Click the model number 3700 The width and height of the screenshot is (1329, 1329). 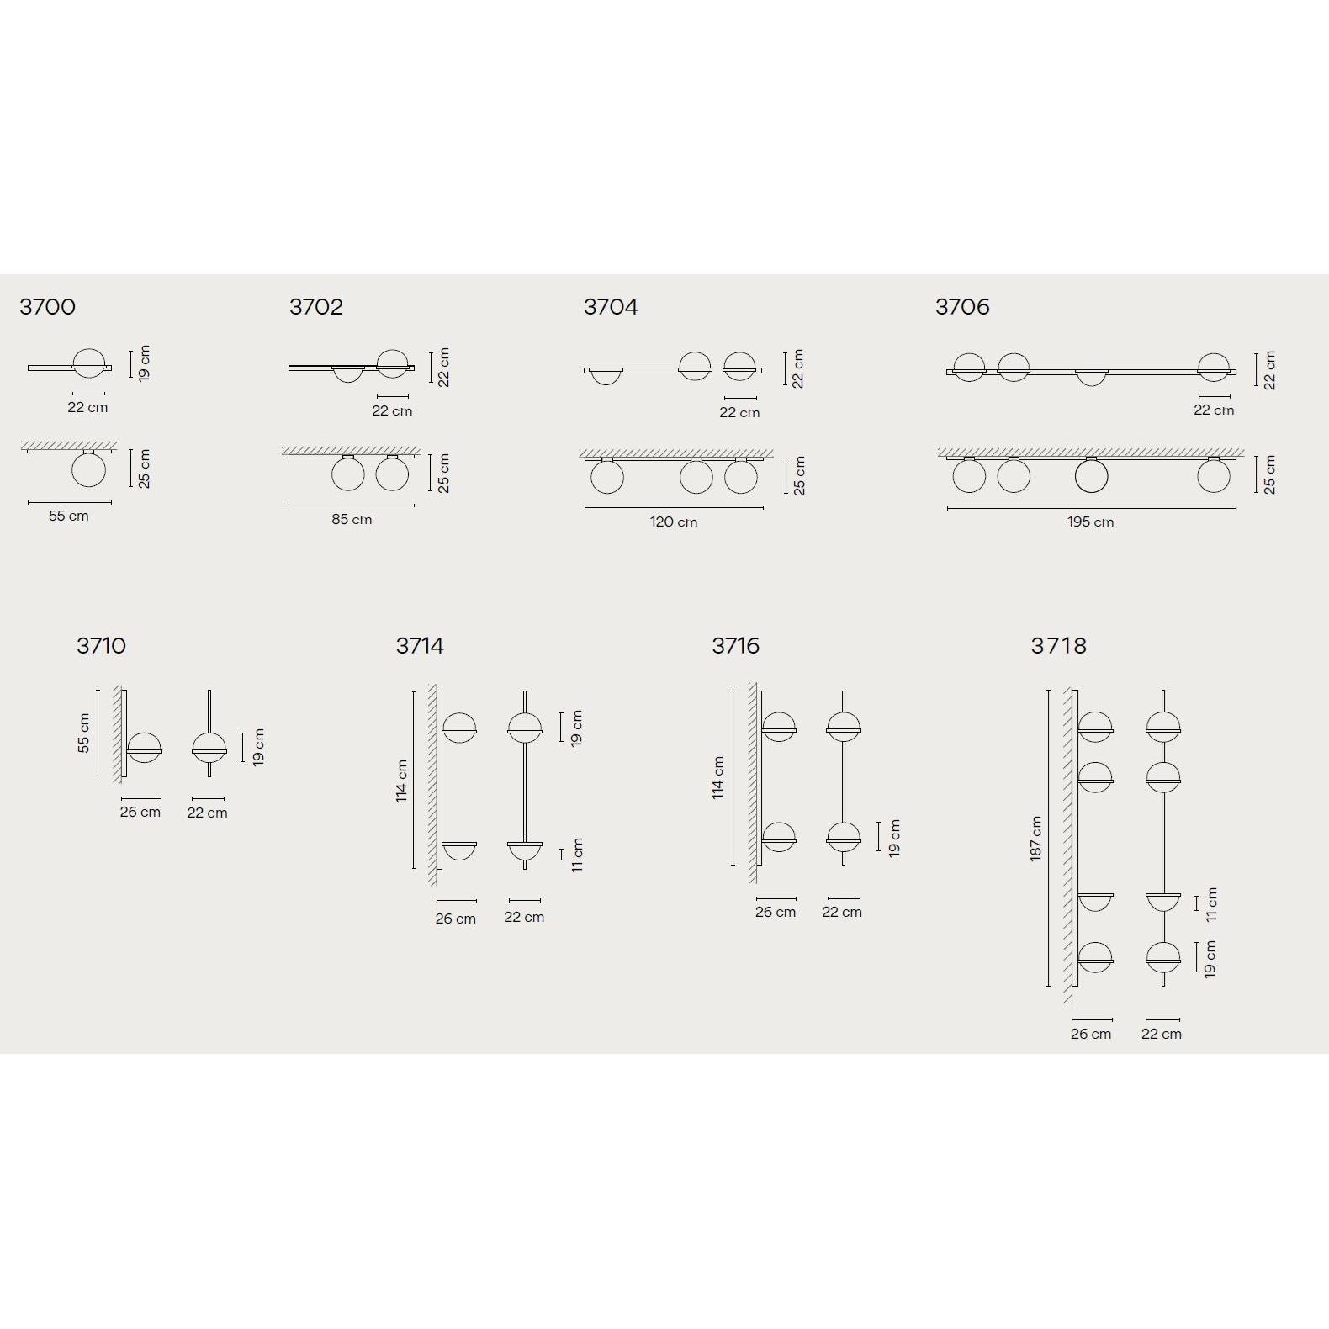(47, 307)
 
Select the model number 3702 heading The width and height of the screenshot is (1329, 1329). (316, 307)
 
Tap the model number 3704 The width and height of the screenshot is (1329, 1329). (611, 307)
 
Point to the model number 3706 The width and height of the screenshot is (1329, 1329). (962, 307)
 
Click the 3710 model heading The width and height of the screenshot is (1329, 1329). (101, 646)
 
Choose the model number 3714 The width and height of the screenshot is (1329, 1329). (420, 646)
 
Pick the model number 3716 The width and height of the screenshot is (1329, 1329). (735, 646)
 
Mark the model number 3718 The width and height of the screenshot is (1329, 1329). (1058, 646)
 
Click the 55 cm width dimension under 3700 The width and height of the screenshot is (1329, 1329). (68, 516)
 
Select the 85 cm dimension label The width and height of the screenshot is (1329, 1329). (352, 519)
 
